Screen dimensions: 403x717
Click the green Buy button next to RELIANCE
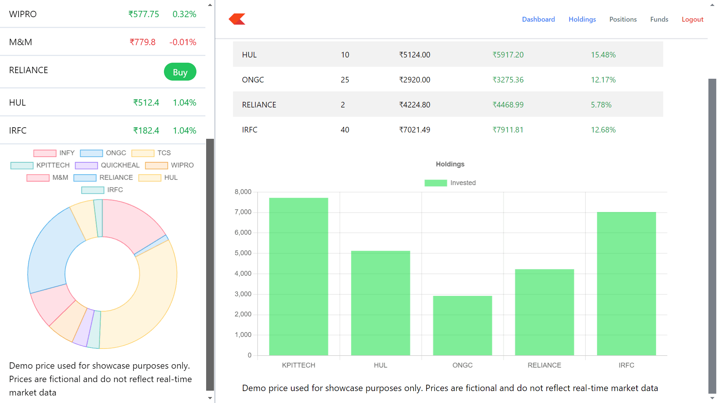click(180, 72)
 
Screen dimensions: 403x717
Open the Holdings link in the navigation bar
click(582, 19)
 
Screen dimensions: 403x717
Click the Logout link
click(692, 19)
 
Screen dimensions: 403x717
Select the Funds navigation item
click(659, 19)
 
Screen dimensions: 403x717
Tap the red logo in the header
click(237, 19)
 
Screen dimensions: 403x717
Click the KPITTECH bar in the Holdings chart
click(298, 276)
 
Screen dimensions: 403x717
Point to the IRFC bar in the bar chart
click(626, 284)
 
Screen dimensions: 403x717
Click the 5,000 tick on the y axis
click(243, 253)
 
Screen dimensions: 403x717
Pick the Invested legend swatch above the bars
click(435, 183)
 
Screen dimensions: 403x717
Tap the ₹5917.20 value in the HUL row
click(508, 55)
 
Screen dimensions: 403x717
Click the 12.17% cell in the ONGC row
click(603, 80)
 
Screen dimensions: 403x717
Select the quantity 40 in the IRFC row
click(345, 130)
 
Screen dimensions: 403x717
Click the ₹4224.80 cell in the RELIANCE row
click(415, 105)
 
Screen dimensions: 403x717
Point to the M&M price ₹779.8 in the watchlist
click(142, 42)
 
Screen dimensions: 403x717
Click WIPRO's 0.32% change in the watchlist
click(184, 14)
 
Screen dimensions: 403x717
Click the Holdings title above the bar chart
click(450, 164)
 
